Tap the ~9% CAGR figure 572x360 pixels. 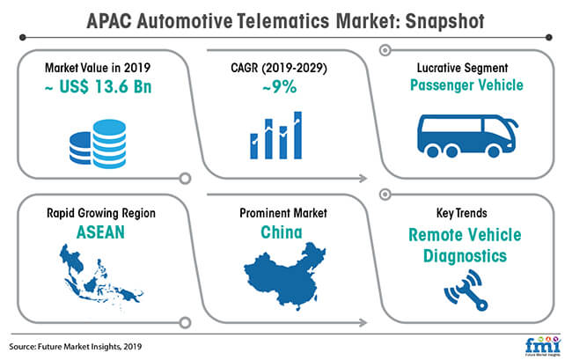pos(280,87)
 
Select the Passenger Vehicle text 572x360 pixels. pos(466,85)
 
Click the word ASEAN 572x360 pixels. pos(100,232)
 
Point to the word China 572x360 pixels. pos(282,232)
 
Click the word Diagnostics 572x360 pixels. pos(466,255)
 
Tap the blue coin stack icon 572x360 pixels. pos(98,143)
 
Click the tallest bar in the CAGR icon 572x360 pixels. pos(298,136)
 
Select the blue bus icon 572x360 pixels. pos(467,136)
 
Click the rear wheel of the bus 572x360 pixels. pos(433,151)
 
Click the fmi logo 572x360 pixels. pos(542,345)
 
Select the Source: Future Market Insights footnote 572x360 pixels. pos(76,347)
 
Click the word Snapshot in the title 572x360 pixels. pos(445,21)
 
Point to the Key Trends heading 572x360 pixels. pos(462,213)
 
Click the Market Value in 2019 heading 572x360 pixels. pos(98,68)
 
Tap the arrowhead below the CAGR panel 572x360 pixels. pos(363,179)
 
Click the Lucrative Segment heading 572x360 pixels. pos(463,68)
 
